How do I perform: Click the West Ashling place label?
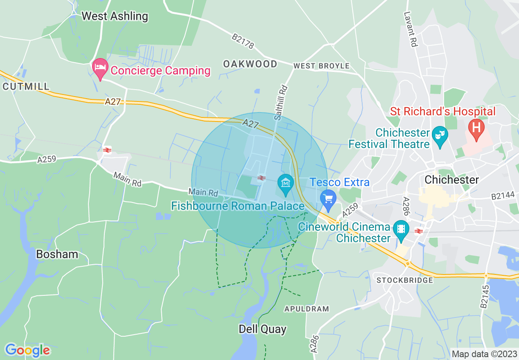pos(115,16)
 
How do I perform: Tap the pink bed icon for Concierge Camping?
pos(100,69)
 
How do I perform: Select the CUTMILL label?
pos(26,87)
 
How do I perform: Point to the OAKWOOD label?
pos(250,64)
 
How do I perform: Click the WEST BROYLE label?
pos(321,66)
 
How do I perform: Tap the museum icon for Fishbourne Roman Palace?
pos(285,183)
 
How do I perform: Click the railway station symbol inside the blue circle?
pos(262,178)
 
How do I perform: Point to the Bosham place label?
pos(57,254)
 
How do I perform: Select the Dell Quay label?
pos(262,329)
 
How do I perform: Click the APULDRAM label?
pos(307,309)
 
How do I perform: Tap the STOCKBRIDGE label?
pos(404,281)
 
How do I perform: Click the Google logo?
pos(27,350)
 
